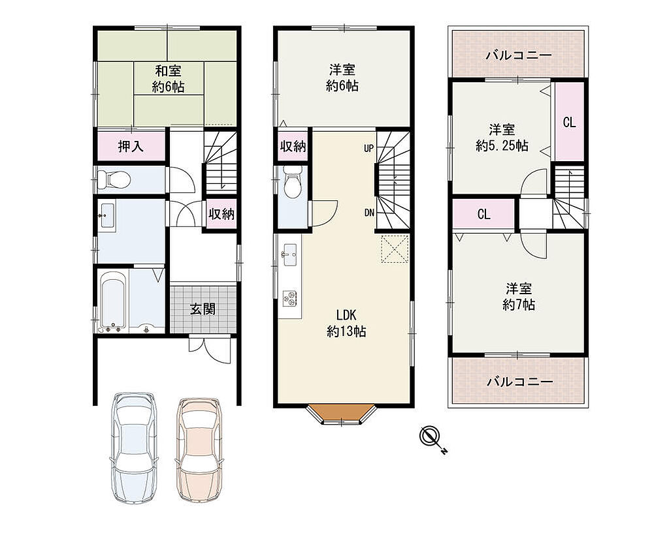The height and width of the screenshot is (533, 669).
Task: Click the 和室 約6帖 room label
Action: [169, 79]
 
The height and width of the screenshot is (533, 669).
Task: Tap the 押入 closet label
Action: [131, 147]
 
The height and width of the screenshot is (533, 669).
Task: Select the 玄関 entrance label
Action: [203, 309]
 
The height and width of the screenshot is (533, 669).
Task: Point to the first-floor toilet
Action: [112, 179]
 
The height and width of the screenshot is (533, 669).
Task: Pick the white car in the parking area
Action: [133, 448]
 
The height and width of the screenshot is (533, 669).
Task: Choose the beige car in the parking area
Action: [199, 450]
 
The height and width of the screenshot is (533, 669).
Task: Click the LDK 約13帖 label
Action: [346, 324]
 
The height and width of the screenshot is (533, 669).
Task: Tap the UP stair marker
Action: [368, 148]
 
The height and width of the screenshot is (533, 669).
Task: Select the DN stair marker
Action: [369, 213]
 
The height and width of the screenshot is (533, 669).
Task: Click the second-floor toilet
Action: [292, 182]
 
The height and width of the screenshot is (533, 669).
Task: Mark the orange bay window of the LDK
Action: [342, 414]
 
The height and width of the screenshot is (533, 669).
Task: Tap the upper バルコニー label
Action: [519, 55]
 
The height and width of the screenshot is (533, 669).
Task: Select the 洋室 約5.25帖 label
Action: [502, 137]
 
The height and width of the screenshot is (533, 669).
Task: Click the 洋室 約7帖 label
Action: [519, 297]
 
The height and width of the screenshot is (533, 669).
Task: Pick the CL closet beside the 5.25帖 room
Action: [570, 122]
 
